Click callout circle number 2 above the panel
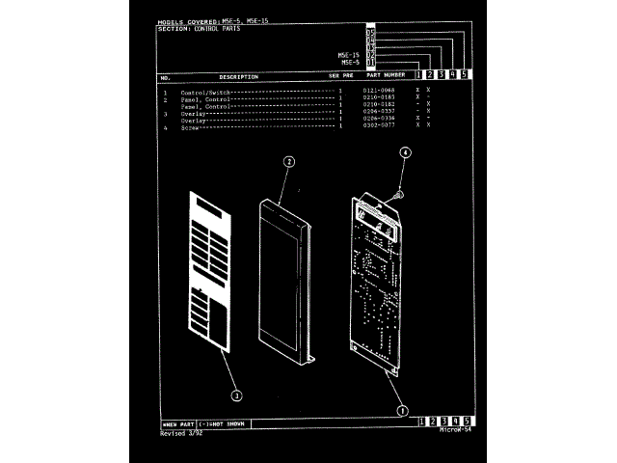pyautogui.click(x=288, y=162)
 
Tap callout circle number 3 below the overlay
pyautogui.click(x=237, y=395)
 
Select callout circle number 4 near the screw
pyautogui.click(x=405, y=152)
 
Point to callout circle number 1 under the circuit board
pyautogui.click(x=402, y=409)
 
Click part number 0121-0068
pyautogui.click(x=379, y=90)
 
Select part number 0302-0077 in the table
pyautogui.click(x=379, y=125)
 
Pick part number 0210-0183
pyautogui.click(x=379, y=97)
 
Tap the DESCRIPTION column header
pyautogui.click(x=238, y=76)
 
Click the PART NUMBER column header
pyautogui.click(x=386, y=75)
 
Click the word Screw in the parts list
pyautogui.click(x=189, y=126)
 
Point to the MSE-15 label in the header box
pyautogui.click(x=349, y=55)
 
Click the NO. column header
pyautogui.click(x=166, y=76)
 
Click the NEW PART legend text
pyautogui.click(x=178, y=423)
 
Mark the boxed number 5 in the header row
pyautogui.click(x=465, y=74)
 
